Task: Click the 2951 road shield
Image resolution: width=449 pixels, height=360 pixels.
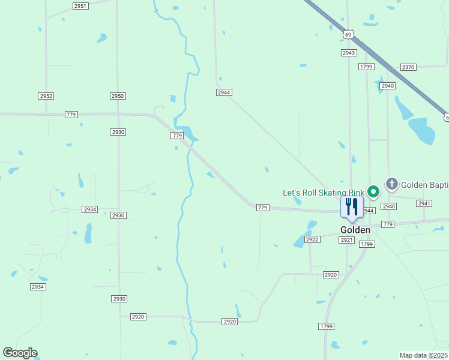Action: pos(80,5)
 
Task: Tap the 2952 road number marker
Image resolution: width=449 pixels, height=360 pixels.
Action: pos(46,96)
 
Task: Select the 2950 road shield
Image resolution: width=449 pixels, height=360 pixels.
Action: pos(118,96)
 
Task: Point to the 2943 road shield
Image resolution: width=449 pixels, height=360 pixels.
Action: pos(349,53)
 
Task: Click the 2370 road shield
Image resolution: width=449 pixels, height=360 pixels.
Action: pos(408,67)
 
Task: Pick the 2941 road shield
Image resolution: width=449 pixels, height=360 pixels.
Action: pos(424,203)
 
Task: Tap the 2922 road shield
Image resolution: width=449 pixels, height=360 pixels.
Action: pos(312,239)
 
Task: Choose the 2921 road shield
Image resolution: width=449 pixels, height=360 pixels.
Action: pos(346,240)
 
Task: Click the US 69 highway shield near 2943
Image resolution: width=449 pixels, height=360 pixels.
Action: pos(349,34)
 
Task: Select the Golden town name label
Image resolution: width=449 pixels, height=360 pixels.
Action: pos(355,230)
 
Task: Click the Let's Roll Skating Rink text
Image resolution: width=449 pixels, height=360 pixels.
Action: pos(323,193)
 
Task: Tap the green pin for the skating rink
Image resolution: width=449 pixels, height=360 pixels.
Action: pos(373,192)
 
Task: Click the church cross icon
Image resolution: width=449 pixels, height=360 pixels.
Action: pos(392,184)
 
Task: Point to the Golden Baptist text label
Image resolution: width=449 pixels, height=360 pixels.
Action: pos(424,185)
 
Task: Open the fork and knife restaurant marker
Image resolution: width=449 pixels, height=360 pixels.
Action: pos(352,207)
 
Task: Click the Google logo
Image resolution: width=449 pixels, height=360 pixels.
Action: pos(20,353)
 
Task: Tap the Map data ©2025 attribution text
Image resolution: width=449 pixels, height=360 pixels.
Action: pos(423,355)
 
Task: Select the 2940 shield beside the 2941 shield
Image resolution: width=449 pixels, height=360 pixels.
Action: pos(389,206)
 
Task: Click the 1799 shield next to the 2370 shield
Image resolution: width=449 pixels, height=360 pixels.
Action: pos(367,67)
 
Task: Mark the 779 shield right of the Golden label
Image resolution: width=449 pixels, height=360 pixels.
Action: pos(388,224)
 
